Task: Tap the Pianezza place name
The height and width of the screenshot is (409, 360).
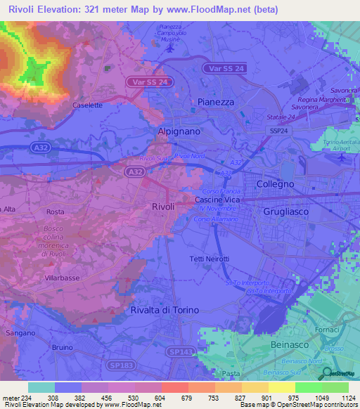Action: click(x=214, y=102)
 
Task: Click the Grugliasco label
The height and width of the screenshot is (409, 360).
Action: click(x=286, y=211)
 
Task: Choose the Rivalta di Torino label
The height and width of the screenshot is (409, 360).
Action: click(x=165, y=310)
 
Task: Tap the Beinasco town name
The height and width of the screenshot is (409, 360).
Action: click(x=290, y=346)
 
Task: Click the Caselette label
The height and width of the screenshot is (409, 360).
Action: click(x=87, y=105)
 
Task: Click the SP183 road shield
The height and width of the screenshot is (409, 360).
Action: click(x=103, y=365)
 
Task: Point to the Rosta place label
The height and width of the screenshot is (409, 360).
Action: click(x=55, y=212)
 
